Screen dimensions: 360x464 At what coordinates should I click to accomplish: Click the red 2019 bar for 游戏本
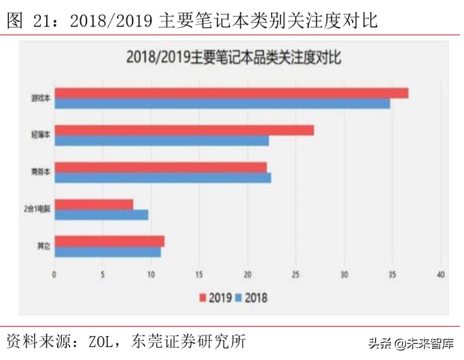pos(231,93)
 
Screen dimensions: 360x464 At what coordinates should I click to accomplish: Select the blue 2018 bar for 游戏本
pos(222,103)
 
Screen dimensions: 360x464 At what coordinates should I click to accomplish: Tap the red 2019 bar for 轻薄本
pos(183,130)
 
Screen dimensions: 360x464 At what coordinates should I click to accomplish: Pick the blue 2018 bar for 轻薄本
pos(161,141)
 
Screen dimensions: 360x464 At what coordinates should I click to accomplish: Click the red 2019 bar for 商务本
pos(160,167)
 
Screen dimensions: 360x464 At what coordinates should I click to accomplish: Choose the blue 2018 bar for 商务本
pos(162,177)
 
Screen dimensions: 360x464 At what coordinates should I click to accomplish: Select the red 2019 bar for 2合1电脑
pos(94,204)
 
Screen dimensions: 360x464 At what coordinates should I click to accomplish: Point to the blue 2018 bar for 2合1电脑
pos(101,215)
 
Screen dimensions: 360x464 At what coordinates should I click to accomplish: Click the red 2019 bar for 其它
pos(109,240)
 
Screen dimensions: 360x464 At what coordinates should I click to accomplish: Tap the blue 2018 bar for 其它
pos(107,251)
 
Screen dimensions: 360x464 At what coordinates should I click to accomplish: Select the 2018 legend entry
pos(251,298)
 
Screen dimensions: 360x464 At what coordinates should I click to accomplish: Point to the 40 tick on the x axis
pos(441,274)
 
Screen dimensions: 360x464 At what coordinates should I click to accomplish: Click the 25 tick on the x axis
pos(296,274)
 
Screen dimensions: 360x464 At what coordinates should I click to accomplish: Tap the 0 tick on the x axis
pos(54,274)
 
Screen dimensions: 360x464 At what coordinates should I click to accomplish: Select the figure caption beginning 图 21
pos(192,21)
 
